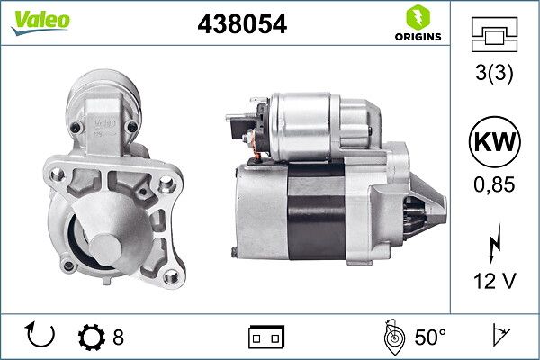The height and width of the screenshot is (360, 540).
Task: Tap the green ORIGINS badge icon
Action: point(417,17)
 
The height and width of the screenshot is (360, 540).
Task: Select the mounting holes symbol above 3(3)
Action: point(495,35)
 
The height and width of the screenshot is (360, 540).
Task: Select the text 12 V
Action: point(495,282)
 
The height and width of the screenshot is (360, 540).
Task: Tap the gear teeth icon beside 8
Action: point(92,337)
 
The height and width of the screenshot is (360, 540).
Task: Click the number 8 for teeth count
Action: point(118,337)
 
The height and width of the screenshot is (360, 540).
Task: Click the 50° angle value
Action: point(430,337)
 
